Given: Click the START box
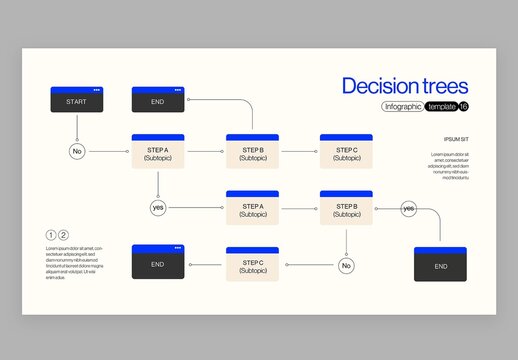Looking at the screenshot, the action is point(76,100).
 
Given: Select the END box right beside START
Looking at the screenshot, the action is point(158,100).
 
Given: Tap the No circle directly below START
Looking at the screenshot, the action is point(76,152).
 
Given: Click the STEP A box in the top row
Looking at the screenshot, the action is point(158,152).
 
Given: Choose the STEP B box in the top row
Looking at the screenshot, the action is point(252,152).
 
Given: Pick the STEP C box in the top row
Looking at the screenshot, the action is point(346,152).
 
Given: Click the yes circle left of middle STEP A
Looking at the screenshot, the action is point(158,207).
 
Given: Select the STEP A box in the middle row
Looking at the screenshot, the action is point(252,208).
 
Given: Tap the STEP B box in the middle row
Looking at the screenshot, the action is point(346,208).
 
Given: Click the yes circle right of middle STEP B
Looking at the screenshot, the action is point(408,208).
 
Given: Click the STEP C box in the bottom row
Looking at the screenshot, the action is point(252,264).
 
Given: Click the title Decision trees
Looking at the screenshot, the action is point(405,86).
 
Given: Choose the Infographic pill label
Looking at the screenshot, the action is point(402,107).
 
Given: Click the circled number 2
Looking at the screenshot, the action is point(64,234).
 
